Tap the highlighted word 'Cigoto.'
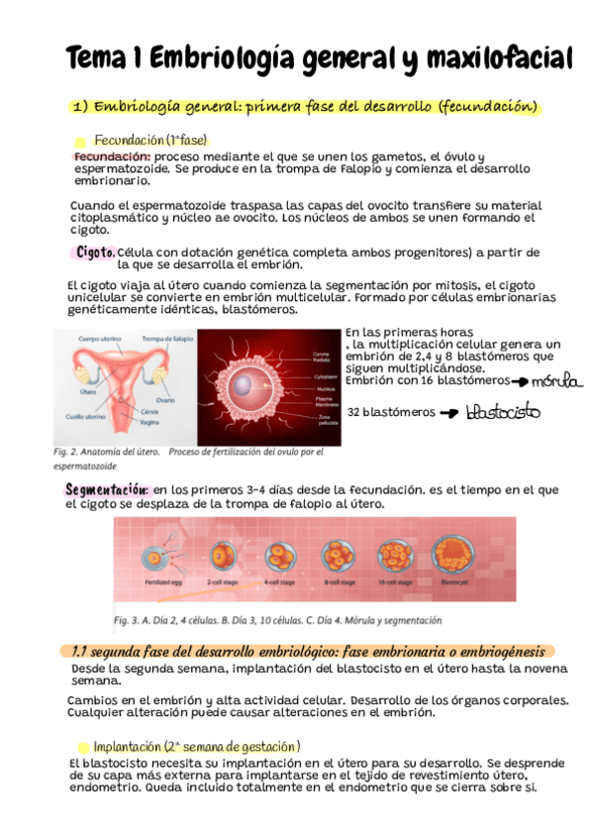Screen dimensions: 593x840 [x=95, y=253]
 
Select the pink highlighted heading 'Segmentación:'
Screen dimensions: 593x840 [x=107, y=489]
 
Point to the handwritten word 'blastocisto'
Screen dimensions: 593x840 [x=503, y=411]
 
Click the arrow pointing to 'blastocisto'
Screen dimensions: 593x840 [x=449, y=413]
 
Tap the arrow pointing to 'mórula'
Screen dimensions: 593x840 [x=519, y=381]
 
